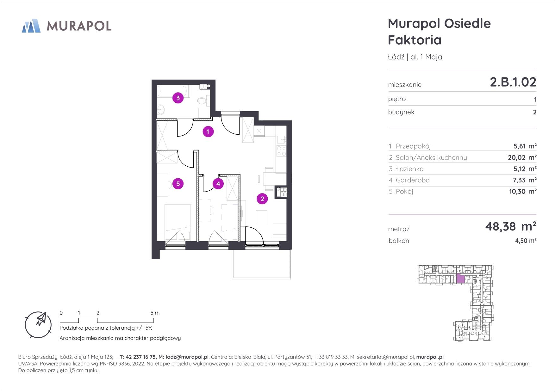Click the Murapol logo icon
coord(31,26)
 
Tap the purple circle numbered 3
coord(178,98)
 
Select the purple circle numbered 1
coord(208,132)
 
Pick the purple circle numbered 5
coord(178,184)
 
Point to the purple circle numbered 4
coord(218,184)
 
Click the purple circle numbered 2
coord(262,199)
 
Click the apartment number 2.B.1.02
coord(513,82)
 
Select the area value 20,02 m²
coord(522,157)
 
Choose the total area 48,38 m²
coord(511,226)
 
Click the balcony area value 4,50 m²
coord(526,241)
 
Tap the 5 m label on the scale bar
coord(155,313)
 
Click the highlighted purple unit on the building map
coord(461,279)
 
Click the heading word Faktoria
coord(415,40)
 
